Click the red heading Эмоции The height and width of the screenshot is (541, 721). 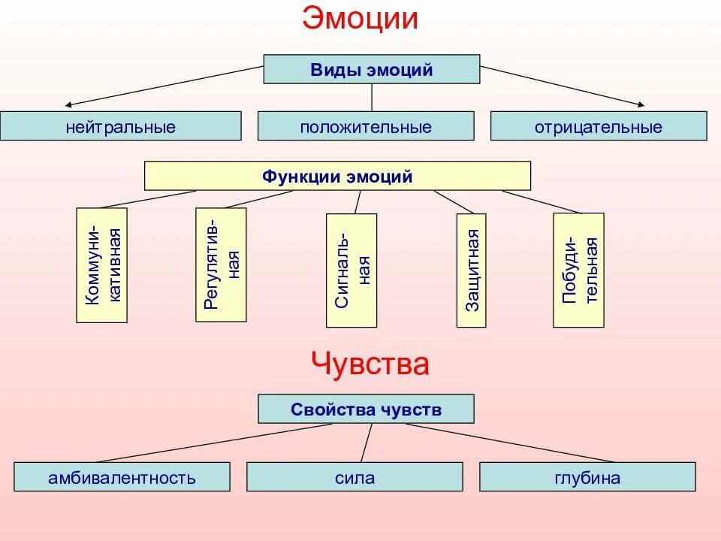tap(360, 20)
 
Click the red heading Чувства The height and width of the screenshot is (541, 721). tap(370, 364)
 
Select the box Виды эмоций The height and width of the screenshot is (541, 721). tap(372, 69)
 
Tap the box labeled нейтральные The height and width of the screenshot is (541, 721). tap(120, 126)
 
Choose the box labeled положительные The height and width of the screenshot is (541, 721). tap(366, 126)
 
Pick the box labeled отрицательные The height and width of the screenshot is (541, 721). tap(599, 126)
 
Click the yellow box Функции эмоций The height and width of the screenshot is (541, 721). tap(337, 177)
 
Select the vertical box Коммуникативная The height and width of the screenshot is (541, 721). tap(102, 265)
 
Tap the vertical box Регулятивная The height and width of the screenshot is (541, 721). tap(221, 264)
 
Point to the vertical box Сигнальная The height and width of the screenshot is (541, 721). tap(351, 270)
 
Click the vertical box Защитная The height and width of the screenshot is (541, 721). tap(471, 270)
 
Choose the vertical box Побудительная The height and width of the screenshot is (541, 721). tap(578, 270)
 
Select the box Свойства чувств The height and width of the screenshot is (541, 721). tap(366, 410)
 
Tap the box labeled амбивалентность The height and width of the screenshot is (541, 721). tap(122, 477)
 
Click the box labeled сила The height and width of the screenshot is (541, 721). tap(354, 477)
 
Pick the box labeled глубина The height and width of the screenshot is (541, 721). tap(587, 477)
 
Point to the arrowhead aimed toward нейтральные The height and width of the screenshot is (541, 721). tap(69, 104)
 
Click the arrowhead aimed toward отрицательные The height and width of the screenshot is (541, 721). tap(641, 104)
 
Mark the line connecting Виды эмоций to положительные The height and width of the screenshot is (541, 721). tap(372, 98)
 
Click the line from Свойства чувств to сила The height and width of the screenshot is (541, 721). tap(366, 443)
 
